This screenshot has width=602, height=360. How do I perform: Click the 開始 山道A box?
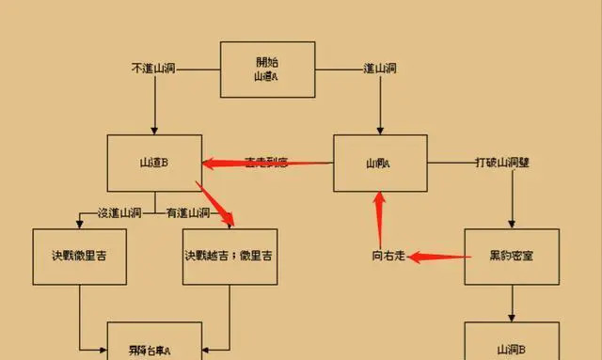click(x=267, y=69)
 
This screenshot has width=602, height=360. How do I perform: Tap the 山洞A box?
click(x=379, y=164)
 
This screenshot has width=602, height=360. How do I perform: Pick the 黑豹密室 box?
click(x=512, y=257)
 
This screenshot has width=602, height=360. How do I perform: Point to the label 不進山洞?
click(x=153, y=69)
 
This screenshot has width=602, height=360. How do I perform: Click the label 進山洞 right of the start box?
click(x=380, y=69)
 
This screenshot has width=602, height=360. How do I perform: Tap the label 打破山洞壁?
click(x=502, y=163)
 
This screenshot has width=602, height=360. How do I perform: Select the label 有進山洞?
click(x=188, y=213)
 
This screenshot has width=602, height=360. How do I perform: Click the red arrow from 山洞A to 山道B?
click(x=268, y=163)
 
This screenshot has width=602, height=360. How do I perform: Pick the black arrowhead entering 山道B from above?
click(x=153, y=129)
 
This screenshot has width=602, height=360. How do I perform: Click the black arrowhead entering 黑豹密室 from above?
click(x=512, y=223)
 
